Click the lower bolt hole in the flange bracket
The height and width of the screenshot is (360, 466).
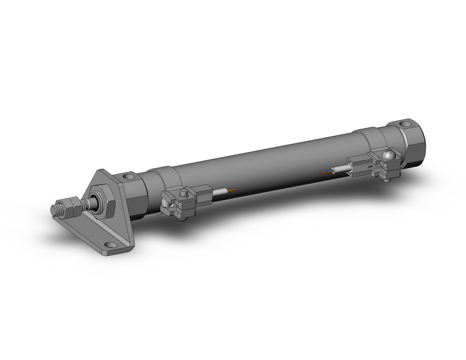click(x=110, y=244)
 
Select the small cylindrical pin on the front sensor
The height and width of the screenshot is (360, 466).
click(x=184, y=192)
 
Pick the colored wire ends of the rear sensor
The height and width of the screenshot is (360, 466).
click(x=326, y=172)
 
